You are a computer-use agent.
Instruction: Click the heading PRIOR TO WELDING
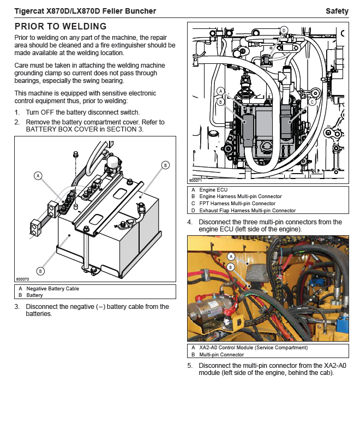pos(61,26)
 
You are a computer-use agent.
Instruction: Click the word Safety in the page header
pos(337,11)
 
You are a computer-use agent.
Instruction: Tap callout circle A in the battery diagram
pos(38,176)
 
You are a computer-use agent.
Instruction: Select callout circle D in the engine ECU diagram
pos(284,30)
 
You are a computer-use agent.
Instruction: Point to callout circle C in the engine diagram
pos(312,102)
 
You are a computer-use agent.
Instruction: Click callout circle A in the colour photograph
pos(231,257)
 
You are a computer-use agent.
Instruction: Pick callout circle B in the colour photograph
pos(231,267)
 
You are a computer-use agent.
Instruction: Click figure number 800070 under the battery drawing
pos(22,279)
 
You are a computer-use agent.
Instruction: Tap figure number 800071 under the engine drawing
pos(195,180)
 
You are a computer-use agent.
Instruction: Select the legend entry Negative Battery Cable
pos(53,289)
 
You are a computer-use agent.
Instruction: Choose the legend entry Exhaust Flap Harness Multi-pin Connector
pos(248,211)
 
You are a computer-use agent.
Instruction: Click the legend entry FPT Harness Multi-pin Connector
pos(237,204)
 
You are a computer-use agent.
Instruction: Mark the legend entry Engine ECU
pos(213,190)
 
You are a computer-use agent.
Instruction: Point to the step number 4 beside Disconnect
pos(190,222)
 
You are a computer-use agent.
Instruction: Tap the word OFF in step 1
pos(47,112)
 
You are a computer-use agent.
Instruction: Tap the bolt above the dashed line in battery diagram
pos(75,154)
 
